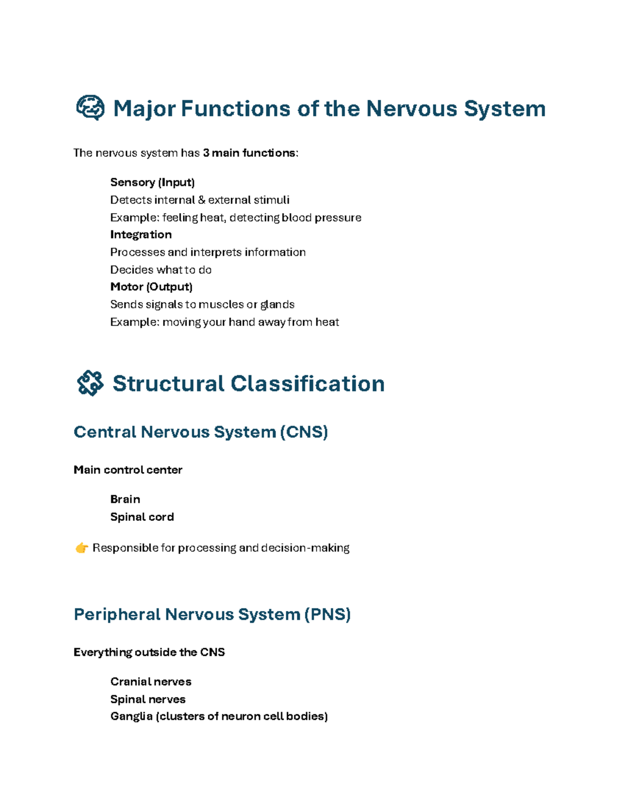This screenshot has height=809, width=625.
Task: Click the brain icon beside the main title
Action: click(x=90, y=108)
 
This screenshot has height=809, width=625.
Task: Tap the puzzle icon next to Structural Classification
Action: click(x=90, y=383)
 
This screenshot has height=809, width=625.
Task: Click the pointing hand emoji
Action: click(x=82, y=548)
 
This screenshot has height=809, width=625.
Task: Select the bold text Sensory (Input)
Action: click(x=152, y=182)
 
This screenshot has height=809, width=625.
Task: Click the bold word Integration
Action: click(x=141, y=234)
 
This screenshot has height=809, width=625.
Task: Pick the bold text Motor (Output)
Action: click(x=151, y=287)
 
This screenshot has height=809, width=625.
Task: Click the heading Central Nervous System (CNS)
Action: click(x=201, y=432)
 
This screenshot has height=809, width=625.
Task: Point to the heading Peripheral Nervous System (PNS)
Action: click(x=212, y=614)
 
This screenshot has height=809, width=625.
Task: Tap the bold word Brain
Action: click(x=125, y=499)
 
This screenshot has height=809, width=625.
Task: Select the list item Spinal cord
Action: click(x=142, y=517)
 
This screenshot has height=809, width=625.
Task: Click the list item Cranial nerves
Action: click(x=151, y=681)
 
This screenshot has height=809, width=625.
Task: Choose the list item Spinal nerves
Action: click(x=147, y=699)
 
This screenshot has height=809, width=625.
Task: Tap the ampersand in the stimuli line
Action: click(x=202, y=200)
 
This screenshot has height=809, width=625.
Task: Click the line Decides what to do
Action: click(x=160, y=270)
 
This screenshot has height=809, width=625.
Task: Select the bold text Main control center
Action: click(x=128, y=470)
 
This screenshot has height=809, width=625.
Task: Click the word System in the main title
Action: click(x=504, y=109)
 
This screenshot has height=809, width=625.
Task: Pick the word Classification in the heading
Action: click(x=307, y=384)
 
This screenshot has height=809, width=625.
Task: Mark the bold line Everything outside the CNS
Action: click(x=149, y=652)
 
